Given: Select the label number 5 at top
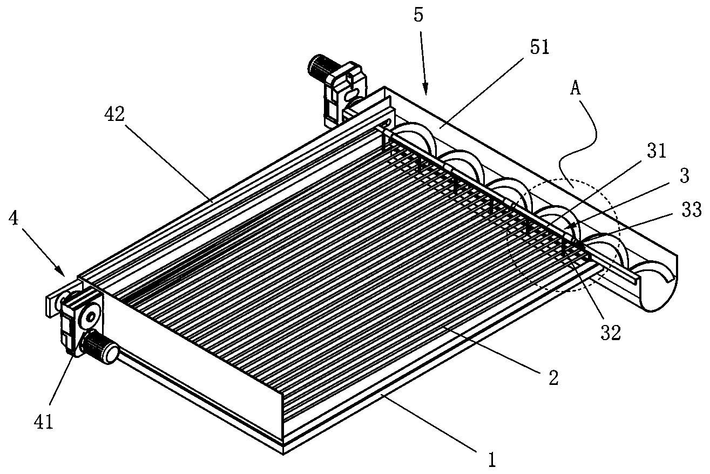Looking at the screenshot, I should tap(419, 15).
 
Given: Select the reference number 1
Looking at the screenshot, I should tap(491, 459).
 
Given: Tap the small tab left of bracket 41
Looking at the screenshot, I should tap(52, 305).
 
